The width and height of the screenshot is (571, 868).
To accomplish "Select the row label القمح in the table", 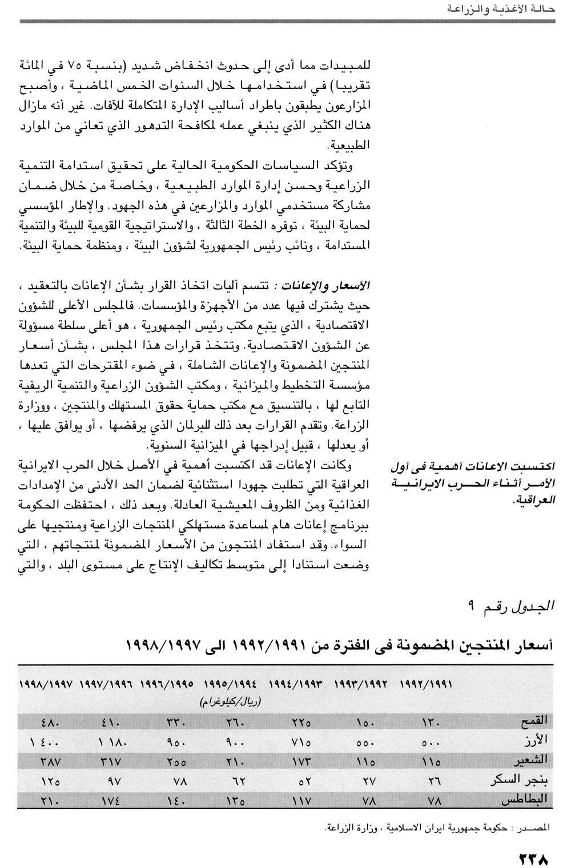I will tap(534, 721).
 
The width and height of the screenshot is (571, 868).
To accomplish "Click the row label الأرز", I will tap(537, 740).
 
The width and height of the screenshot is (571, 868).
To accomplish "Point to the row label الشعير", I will tap(532, 760).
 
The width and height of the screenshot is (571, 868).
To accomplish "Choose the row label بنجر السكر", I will tap(521, 780).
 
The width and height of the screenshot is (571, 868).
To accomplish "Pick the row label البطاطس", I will tap(526, 800).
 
